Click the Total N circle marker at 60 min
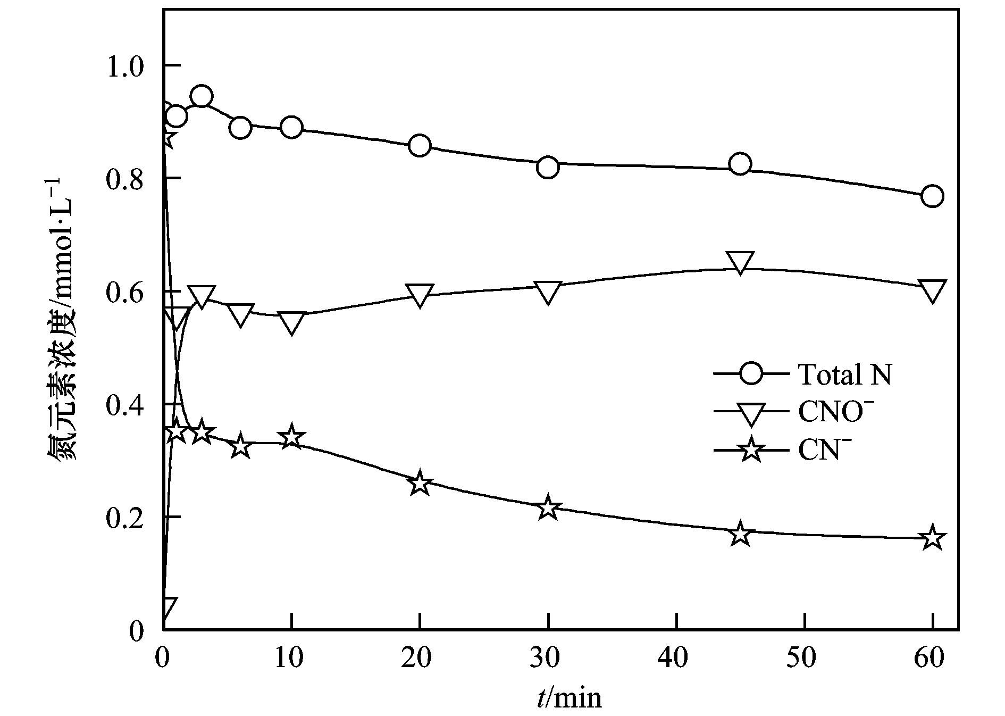click(x=932, y=196)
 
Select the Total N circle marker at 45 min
click(x=740, y=164)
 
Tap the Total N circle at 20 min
click(x=420, y=145)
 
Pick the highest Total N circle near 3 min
click(x=202, y=97)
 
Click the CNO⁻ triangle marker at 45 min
click(x=740, y=263)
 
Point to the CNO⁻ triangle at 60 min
click(x=932, y=291)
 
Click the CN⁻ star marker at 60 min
click(x=932, y=538)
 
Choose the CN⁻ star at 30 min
click(x=548, y=508)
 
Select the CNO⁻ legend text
click(x=836, y=412)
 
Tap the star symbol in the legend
click(x=751, y=450)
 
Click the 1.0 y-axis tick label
click(x=125, y=66)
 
